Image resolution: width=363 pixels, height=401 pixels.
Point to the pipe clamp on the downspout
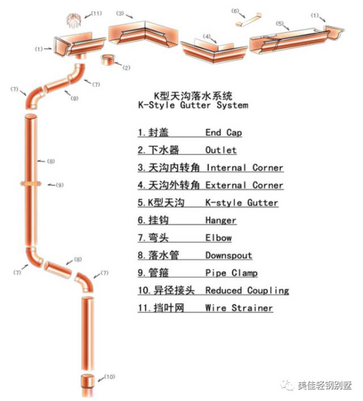33,184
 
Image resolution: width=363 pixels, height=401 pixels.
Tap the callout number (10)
109,377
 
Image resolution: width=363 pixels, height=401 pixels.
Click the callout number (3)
120,13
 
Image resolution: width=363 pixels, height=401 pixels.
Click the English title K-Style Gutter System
193,105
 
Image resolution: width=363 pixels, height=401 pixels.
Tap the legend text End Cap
223,133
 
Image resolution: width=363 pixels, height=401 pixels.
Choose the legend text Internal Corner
244,168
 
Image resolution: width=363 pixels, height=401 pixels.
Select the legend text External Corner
244,185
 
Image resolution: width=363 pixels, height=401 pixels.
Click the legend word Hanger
221,220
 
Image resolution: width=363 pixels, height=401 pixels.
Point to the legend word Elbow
218,238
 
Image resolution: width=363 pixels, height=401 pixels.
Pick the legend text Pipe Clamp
231,273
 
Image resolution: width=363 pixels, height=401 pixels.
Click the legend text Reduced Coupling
247,290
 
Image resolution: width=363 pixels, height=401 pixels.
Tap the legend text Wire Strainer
239,308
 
